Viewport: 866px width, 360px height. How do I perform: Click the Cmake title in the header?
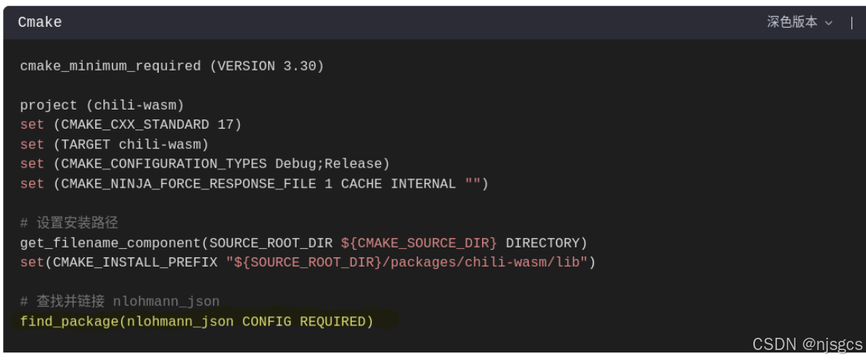(40, 22)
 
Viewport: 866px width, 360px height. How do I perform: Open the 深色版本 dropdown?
(799, 22)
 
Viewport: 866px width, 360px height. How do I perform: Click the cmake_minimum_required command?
(110, 66)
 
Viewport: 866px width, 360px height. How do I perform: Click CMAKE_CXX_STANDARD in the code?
(135, 124)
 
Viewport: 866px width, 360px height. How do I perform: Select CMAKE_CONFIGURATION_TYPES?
(164, 163)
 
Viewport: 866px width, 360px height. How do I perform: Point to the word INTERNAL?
(424, 183)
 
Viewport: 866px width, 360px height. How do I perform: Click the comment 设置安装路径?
(77, 223)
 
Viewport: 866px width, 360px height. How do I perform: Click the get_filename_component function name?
(110, 243)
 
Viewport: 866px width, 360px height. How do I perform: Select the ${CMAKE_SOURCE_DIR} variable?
(419, 243)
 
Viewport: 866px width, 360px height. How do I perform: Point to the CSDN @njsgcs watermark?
(807, 345)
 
